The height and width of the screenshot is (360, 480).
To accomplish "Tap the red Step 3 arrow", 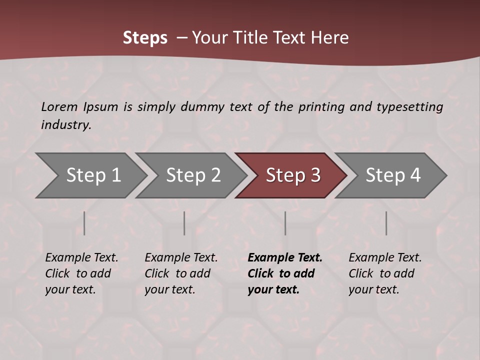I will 293,175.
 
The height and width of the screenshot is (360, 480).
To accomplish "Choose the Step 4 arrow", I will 393,175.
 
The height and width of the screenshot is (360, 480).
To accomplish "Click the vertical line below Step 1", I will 84,223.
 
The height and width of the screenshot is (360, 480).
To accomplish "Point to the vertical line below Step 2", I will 184,223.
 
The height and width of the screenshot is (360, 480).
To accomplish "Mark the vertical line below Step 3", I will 285,223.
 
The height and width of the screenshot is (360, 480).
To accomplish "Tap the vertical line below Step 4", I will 386,223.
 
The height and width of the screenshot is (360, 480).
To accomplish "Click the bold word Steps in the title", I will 145,38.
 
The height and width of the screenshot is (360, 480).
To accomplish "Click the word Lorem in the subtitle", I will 59,106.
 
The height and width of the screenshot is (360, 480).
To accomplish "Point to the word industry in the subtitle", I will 66,124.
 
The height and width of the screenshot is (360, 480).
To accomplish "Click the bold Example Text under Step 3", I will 285,258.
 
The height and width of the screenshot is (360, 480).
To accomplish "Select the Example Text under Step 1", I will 81,258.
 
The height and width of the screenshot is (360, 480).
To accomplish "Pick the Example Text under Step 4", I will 385,258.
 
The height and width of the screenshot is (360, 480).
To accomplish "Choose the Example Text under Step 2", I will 181,258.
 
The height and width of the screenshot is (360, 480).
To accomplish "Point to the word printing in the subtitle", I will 321,106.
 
